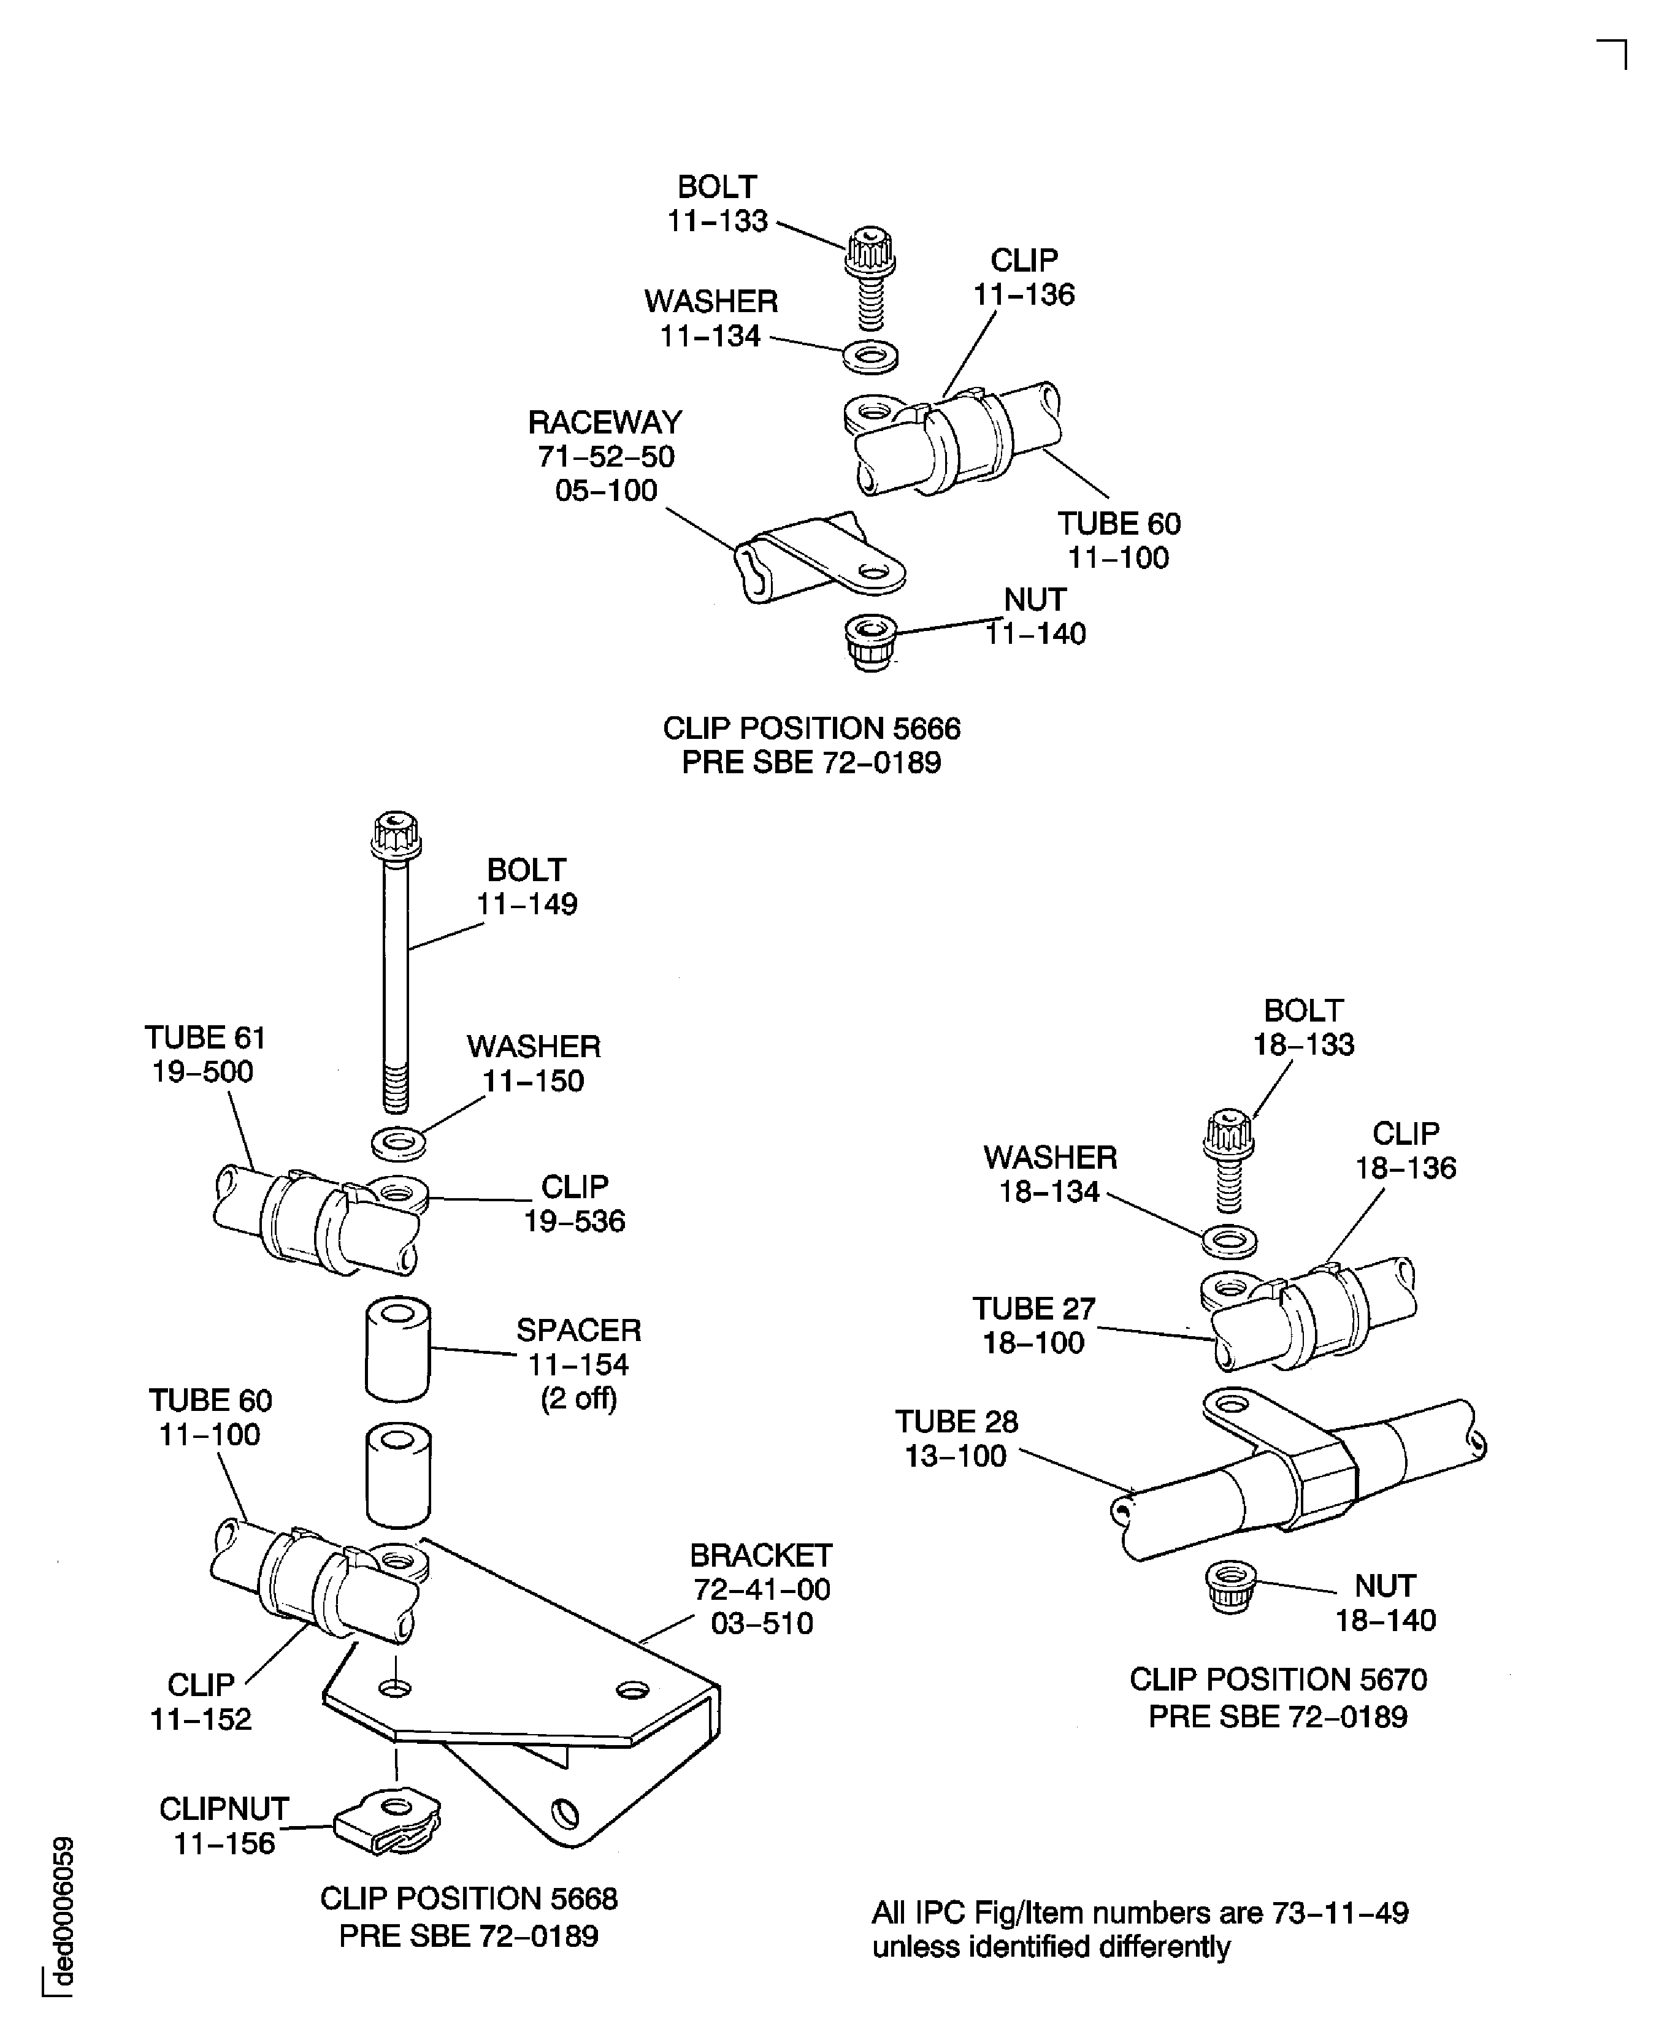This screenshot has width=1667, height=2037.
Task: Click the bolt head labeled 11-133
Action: tap(870, 251)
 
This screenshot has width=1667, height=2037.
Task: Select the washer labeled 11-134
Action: tap(870, 357)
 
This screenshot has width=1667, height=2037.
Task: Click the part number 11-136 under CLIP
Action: tap(1024, 295)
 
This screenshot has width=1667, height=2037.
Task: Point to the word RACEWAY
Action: tap(605, 422)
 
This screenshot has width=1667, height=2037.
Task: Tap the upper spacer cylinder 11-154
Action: tap(397, 1349)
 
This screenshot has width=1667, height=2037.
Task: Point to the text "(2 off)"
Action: tap(578, 1399)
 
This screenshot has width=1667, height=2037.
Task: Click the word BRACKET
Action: tap(761, 1555)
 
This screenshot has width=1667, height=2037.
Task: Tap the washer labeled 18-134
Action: tap(1229, 1241)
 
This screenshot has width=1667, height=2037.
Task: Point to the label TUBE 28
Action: tap(956, 1422)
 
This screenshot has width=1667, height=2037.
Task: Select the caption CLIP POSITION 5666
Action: tap(811, 728)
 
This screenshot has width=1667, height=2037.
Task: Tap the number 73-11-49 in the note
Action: tap(1339, 1913)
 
